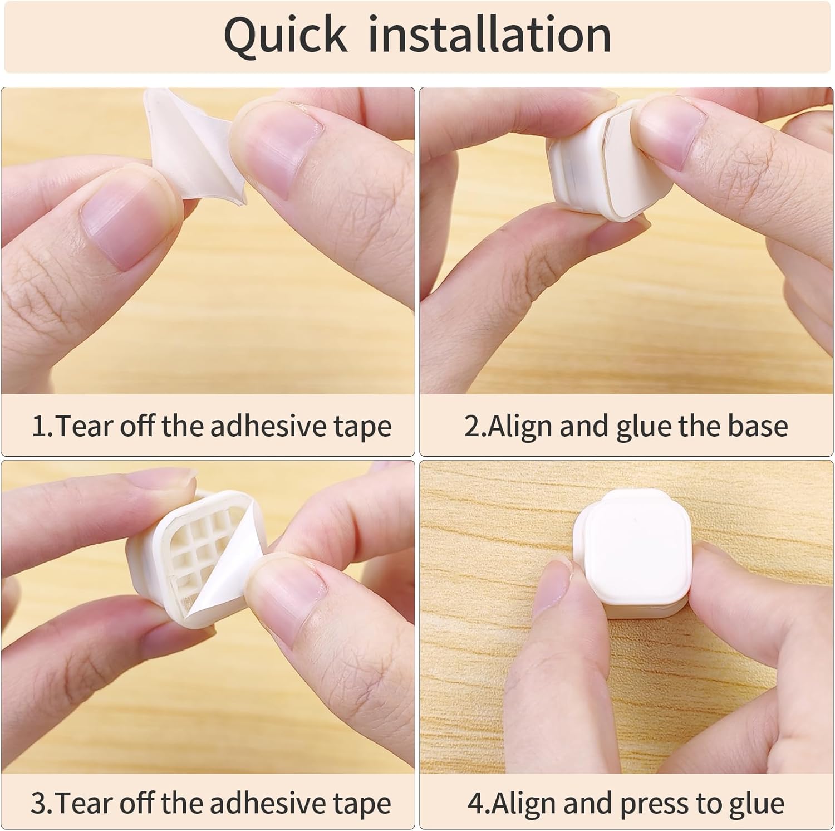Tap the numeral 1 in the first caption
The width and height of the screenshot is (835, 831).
click(40, 426)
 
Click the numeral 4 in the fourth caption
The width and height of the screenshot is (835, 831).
click(476, 803)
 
